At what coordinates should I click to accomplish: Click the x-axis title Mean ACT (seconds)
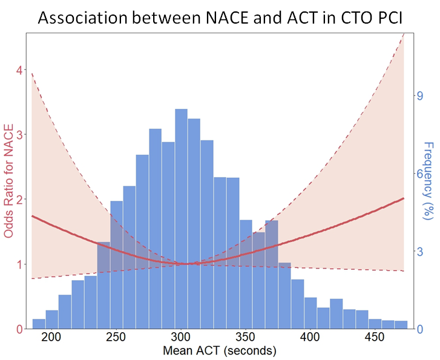pyautogui.click(x=220, y=350)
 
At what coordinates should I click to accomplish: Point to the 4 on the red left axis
pyautogui.click(x=19, y=70)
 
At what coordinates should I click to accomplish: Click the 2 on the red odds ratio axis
pyautogui.click(x=19, y=200)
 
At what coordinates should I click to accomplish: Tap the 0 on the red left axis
pyautogui.click(x=19, y=329)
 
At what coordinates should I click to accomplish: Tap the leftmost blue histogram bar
pyautogui.click(x=39, y=324)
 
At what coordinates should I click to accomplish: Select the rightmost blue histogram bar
pyautogui.click(x=401, y=326)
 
